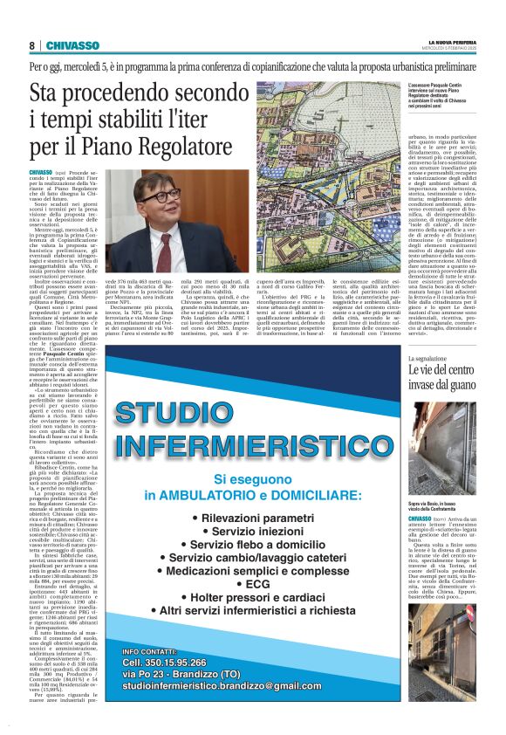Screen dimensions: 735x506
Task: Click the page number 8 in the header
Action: pyautogui.click(x=31, y=45)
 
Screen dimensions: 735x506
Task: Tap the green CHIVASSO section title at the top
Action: pyautogui.click(x=72, y=45)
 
